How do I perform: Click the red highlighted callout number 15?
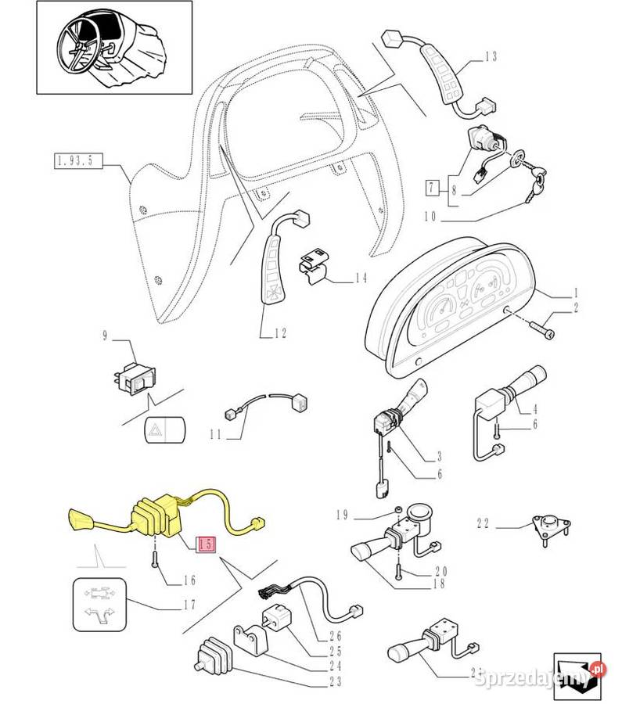207,545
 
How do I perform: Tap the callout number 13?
491,56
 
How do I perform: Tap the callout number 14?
360,278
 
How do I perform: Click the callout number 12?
279,334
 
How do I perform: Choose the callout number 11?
217,434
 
